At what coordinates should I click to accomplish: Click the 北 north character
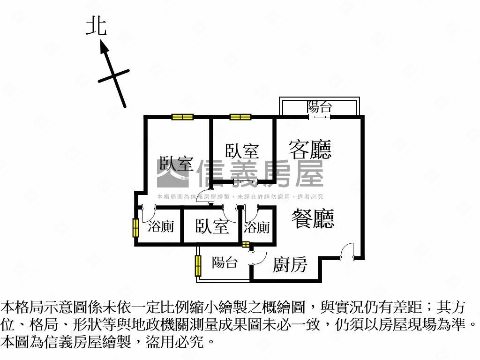click(x=97, y=27)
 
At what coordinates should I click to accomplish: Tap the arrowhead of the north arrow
click(x=104, y=48)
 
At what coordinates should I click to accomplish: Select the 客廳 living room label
click(x=310, y=150)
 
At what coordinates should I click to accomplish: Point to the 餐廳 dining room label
click(x=313, y=218)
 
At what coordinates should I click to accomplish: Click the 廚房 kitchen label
click(x=290, y=264)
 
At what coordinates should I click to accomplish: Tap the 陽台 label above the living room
click(x=319, y=107)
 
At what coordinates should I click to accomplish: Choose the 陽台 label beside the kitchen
click(x=225, y=262)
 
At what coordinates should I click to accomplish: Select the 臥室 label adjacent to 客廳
click(x=242, y=151)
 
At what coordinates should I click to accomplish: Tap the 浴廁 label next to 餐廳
click(x=257, y=227)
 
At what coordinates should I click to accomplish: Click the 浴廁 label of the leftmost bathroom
click(x=161, y=226)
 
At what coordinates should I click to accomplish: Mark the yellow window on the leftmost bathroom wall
click(x=136, y=227)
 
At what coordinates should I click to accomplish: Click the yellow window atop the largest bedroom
click(x=182, y=117)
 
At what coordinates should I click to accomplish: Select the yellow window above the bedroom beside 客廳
click(x=240, y=117)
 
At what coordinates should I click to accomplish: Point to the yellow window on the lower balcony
click(x=198, y=265)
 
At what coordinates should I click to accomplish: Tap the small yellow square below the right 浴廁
click(x=246, y=244)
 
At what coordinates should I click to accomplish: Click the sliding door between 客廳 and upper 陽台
click(x=319, y=117)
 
